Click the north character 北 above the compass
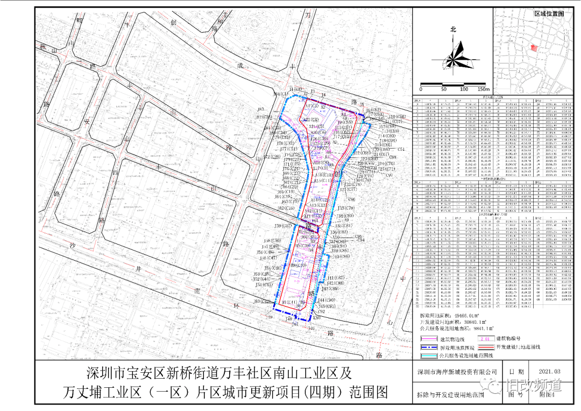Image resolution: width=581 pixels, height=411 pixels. coord(453,30)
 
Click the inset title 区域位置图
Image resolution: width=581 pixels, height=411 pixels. coord(549,13)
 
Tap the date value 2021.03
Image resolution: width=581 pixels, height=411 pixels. coord(549,371)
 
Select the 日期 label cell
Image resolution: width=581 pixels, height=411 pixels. coord(511,371)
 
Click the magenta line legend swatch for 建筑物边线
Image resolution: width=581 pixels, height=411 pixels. coord(428,339)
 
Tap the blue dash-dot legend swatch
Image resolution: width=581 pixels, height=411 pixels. coord(428,348)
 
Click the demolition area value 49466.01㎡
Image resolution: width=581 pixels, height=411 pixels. coord(474,314)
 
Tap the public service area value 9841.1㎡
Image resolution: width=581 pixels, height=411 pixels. coord(477,328)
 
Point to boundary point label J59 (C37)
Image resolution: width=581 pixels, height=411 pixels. coord(283,226)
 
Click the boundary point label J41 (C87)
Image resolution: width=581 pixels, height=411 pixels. coord(336,277)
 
